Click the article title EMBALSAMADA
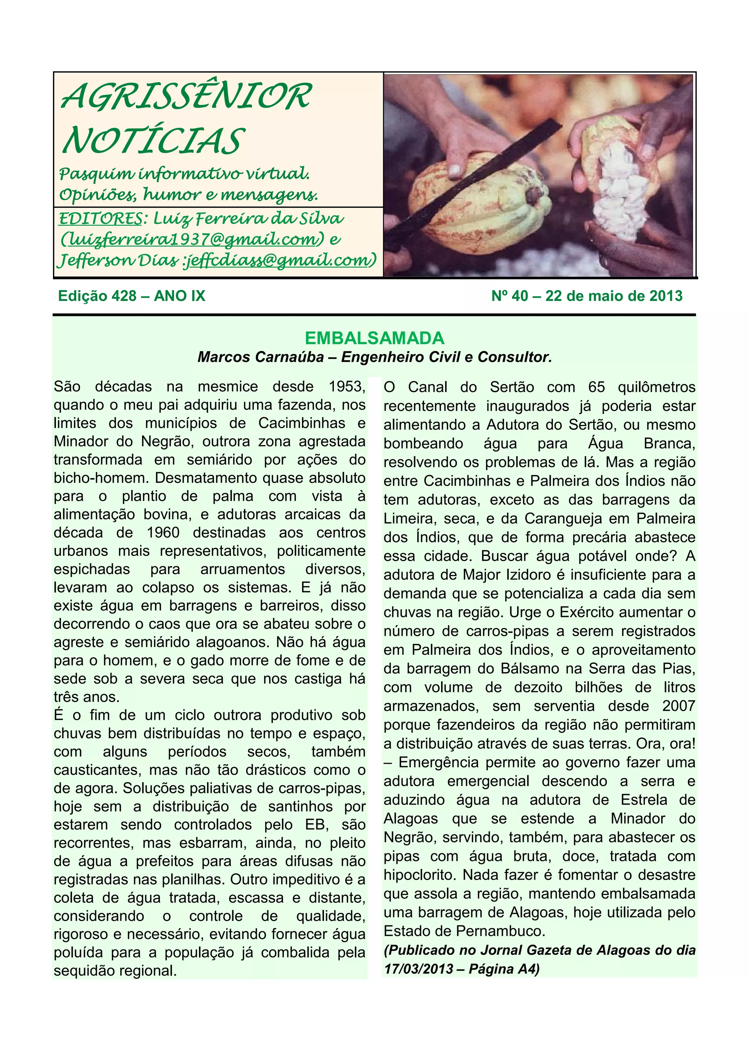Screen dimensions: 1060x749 pyautogui.click(x=374, y=338)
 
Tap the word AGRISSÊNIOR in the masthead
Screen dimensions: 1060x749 pyautogui.click(x=187, y=97)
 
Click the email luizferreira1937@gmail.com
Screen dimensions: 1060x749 pyautogui.click(x=194, y=240)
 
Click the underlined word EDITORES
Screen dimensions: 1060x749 pyautogui.click(x=100, y=218)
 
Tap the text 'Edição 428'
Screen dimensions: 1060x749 pyautogui.click(x=97, y=296)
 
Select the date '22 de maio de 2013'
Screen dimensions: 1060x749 pyautogui.click(x=614, y=296)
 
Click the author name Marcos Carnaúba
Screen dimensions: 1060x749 pyautogui.click(x=260, y=357)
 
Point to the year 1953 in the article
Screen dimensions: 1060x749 pyautogui.click(x=347, y=386)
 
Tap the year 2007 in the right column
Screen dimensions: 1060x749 pyautogui.click(x=678, y=706)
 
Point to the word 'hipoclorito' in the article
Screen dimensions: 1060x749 pyautogui.click(x=420, y=875)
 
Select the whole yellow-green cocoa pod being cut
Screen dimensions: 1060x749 pyautogui.click(x=480, y=203)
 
